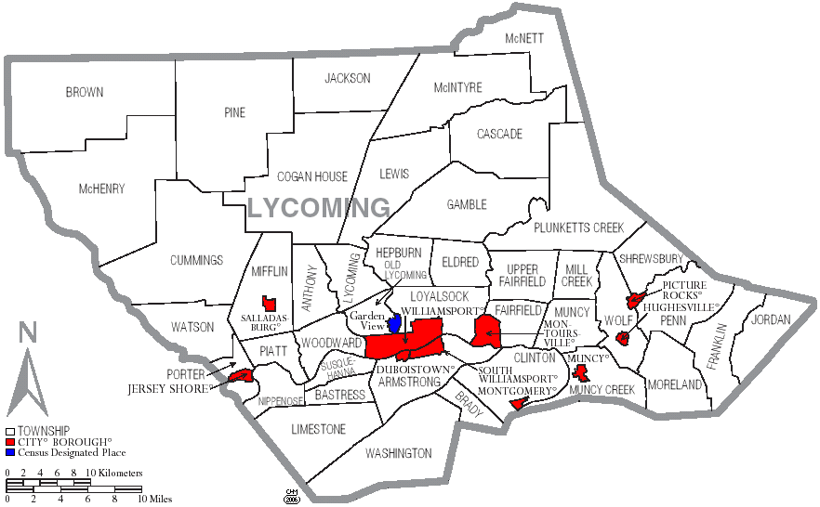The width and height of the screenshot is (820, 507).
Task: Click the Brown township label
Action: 85,93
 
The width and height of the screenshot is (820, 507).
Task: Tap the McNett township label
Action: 524,39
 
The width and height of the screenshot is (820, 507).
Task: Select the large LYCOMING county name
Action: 319,208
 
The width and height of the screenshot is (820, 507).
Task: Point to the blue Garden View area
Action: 395,325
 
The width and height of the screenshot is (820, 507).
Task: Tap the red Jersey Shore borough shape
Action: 241,375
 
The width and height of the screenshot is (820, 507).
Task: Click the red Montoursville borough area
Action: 485,330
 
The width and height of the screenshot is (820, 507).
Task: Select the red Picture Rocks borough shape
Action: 635,300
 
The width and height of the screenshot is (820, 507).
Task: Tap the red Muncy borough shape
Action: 582,372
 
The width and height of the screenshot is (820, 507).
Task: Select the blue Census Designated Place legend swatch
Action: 10,453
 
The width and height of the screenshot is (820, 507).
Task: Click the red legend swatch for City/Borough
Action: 10,442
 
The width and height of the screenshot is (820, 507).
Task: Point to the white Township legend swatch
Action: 10,431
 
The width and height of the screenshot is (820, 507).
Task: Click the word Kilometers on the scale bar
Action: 121,474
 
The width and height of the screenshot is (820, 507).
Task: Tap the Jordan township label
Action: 771,319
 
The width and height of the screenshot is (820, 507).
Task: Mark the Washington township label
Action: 398,453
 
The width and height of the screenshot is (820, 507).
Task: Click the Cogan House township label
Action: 312,176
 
